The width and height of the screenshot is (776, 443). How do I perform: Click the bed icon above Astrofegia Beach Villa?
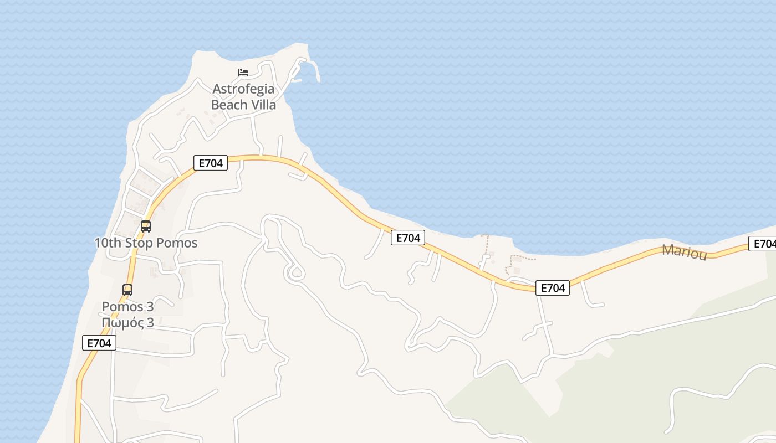tap(243, 72)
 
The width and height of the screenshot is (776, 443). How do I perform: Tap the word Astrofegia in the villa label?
tap(244, 89)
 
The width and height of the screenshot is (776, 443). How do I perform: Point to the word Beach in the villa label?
tap(227, 104)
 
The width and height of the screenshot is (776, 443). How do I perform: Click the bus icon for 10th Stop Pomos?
tap(146, 226)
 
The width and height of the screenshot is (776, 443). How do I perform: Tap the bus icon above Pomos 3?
tap(127, 290)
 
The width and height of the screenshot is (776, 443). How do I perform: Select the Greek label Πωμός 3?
tap(127, 323)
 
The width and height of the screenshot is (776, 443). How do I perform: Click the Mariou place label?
tap(685, 252)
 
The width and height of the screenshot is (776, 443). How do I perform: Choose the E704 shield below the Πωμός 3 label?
tap(100, 343)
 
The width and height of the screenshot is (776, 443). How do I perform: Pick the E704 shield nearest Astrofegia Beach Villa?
tap(211, 163)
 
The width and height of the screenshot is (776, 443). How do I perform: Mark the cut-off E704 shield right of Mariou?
tap(763, 244)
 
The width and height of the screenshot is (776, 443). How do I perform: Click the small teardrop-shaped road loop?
tap(295, 272)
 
